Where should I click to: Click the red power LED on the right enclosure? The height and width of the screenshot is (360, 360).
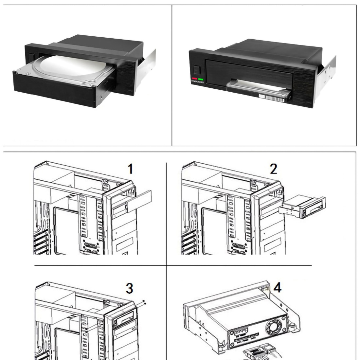tap(195, 79)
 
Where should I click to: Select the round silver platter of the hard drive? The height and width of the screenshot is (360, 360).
tap(79, 67)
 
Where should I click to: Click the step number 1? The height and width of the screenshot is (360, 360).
tap(130, 169)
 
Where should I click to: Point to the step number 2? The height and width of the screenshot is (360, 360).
tap(273, 169)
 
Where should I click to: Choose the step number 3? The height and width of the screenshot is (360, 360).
tap(130, 289)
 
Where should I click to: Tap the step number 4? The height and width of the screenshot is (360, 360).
tap(277, 288)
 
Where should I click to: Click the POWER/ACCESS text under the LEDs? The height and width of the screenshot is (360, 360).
tap(198, 82)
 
